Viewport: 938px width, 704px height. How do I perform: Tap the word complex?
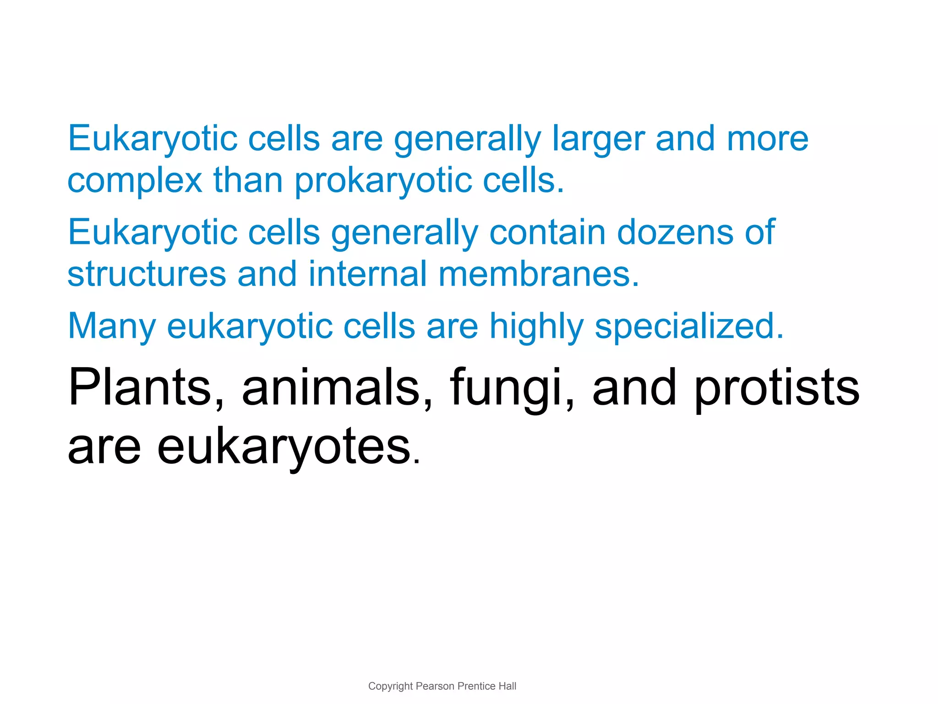pyautogui.click(x=135, y=181)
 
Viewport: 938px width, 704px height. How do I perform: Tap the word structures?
pyautogui.click(x=147, y=274)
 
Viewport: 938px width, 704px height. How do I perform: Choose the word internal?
pyautogui.click(x=368, y=274)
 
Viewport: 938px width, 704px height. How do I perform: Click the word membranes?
pyautogui.click(x=539, y=274)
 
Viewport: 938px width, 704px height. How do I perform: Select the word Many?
pyautogui.click(x=112, y=326)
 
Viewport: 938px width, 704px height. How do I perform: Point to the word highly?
pyautogui.click(x=536, y=326)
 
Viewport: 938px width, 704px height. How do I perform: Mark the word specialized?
pyautogui.click(x=689, y=326)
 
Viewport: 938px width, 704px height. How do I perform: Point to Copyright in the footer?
pyautogui.click(x=390, y=686)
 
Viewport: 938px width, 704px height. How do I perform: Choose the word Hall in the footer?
pyautogui.click(x=507, y=686)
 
